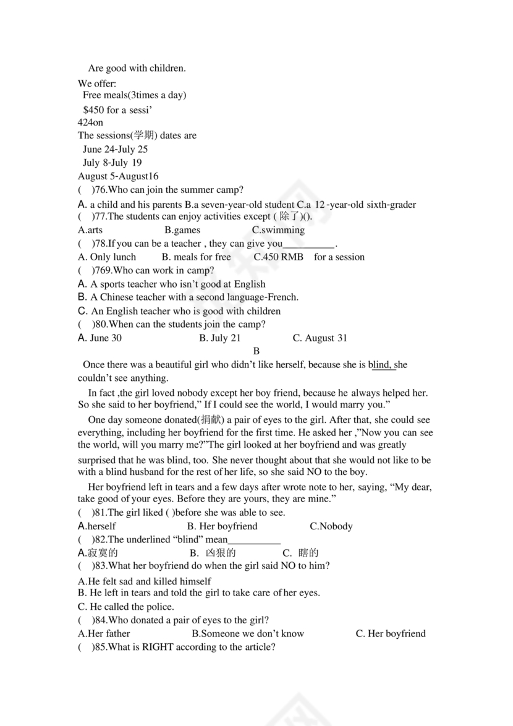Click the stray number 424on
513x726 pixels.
[x=90, y=122]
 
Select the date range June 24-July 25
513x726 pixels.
[x=115, y=149]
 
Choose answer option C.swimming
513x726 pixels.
[x=278, y=230]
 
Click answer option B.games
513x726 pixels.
[x=182, y=230]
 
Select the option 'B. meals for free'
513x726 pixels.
[x=196, y=257]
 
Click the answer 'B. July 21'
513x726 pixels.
[x=220, y=338]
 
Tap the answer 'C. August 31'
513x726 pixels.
[x=320, y=338]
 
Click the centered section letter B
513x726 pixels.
[x=256, y=351]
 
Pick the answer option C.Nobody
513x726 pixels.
[x=331, y=526]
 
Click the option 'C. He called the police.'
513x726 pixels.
[x=126, y=607]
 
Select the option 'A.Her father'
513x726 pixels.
[x=104, y=633]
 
